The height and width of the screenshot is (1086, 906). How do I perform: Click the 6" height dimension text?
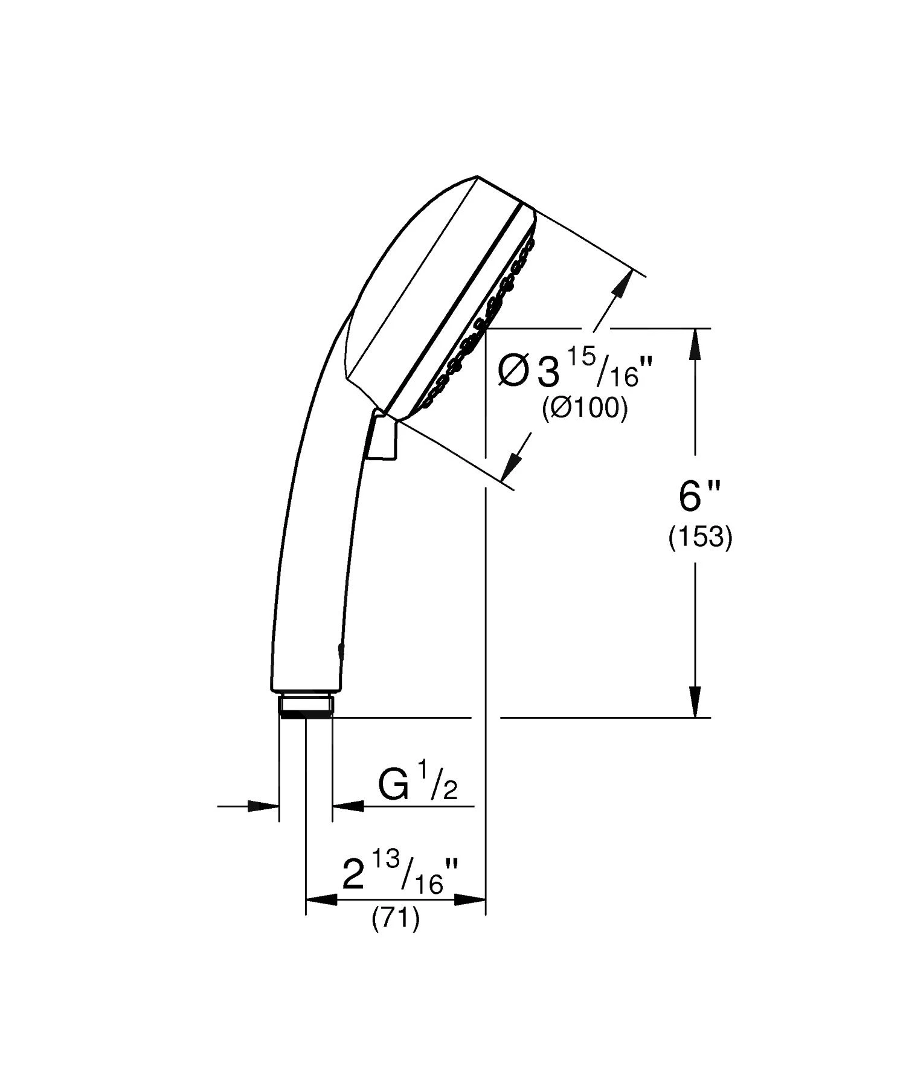click(x=699, y=497)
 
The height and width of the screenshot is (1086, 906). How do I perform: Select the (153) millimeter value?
click(x=700, y=537)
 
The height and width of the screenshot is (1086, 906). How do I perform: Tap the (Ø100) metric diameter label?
click(x=585, y=409)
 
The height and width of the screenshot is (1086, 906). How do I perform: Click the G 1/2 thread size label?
click(x=417, y=785)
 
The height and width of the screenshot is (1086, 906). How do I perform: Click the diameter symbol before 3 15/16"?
click(x=513, y=371)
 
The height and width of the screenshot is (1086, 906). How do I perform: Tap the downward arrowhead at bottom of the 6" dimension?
click(x=695, y=703)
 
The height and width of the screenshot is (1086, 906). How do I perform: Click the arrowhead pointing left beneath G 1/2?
click(x=349, y=805)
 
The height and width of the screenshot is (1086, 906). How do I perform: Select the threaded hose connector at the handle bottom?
click(x=306, y=705)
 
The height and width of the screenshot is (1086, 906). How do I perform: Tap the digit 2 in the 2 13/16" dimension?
click(x=354, y=876)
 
